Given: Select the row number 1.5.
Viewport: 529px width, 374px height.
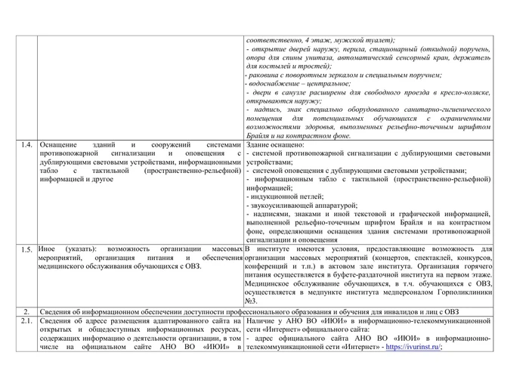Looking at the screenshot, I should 26,249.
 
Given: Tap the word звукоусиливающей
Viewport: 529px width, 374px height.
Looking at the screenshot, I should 285,206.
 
